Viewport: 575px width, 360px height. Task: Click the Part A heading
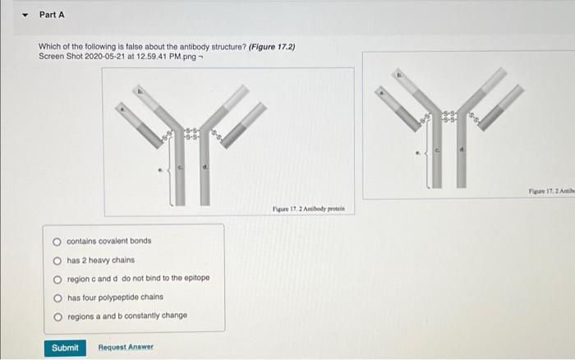[x=52, y=15]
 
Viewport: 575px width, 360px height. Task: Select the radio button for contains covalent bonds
[x=57, y=241]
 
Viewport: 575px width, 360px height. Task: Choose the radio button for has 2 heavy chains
[x=57, y=260]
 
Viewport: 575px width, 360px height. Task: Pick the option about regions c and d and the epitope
[x=57, y=278]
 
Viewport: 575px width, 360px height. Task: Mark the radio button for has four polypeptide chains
[x=57, y=297]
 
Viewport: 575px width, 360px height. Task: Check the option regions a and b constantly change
[x=57, y=316]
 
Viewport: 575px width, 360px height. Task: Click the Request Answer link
[x=126, y=348]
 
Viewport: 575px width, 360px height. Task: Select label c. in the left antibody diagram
[x=181, y=167]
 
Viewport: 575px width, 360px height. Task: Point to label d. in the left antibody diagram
[x=205, y=167]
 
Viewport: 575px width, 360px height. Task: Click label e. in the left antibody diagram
[x=160, y=172]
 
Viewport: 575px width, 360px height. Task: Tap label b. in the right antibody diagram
[x=400, y=75]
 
